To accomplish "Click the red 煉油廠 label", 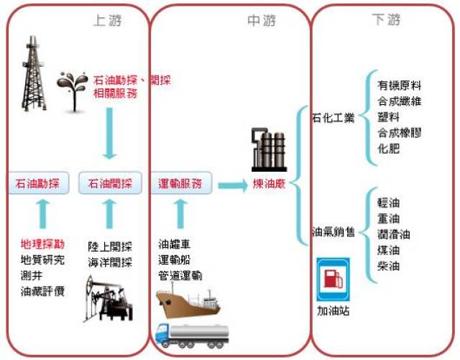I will coord(269,184).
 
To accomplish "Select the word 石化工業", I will coord(333,117).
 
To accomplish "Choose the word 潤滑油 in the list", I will coord(394,234).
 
